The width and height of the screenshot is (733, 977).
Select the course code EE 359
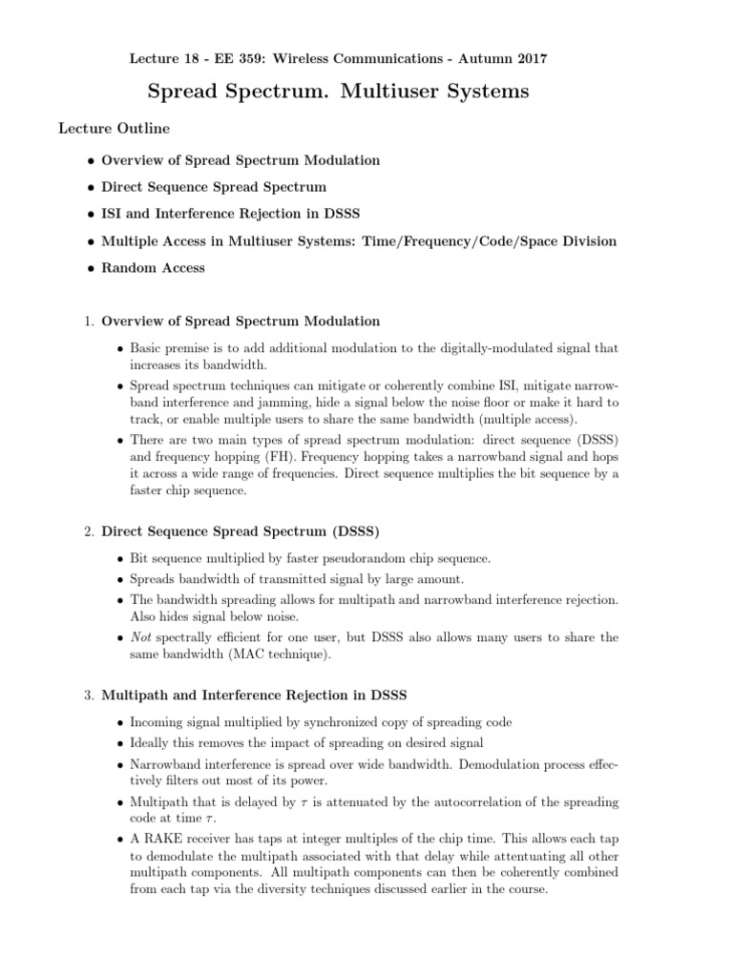coord(247,58)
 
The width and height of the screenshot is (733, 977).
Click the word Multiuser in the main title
coord(380,93)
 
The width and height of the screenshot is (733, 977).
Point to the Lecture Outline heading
coord(115,127)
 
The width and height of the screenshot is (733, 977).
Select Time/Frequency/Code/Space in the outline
coord(449,241)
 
